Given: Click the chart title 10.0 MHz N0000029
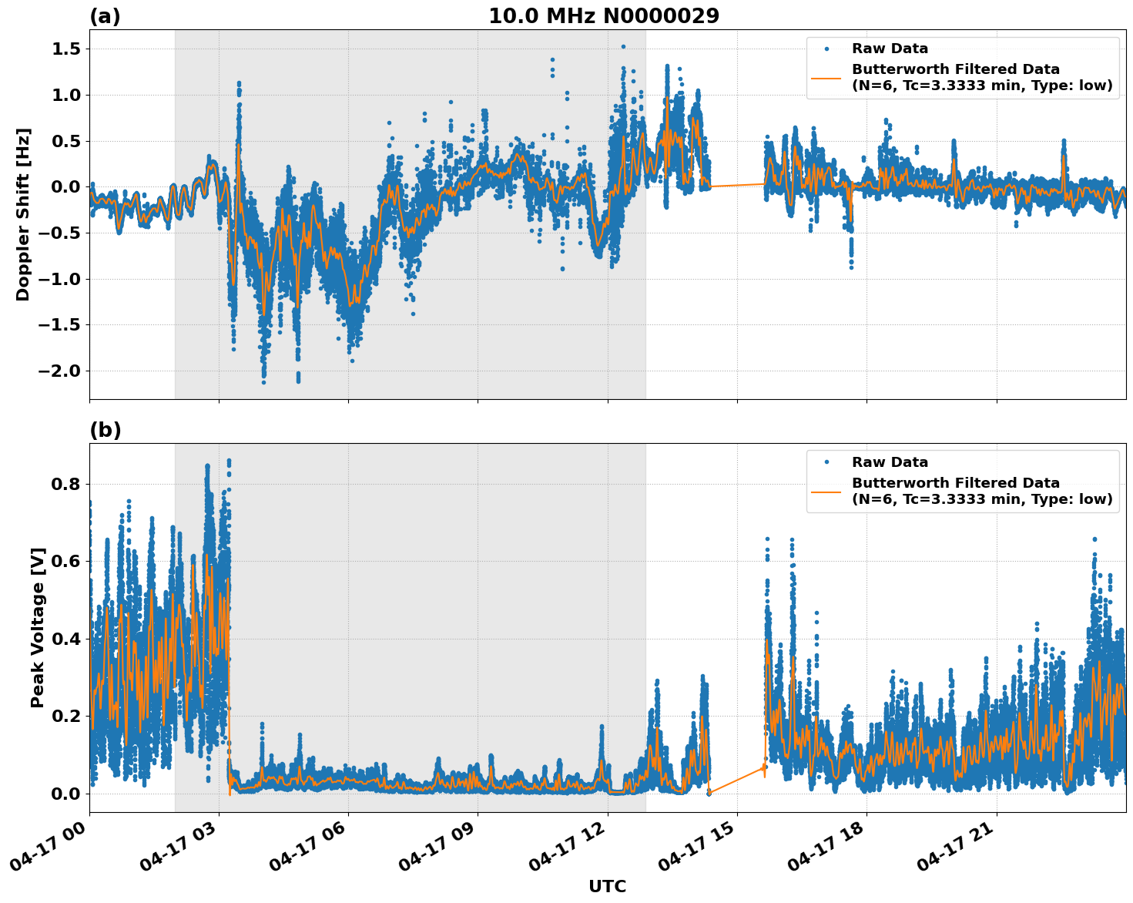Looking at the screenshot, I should [603, 16].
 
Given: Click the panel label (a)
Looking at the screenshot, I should [105, 16].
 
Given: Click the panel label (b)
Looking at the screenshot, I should [105, 430].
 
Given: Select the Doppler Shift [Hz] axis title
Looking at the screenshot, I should [23, 214].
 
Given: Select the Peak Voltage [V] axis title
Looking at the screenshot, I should [38, 627].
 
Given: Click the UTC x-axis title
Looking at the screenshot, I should [607, 886].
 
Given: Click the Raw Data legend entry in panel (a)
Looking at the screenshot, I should [890, 49].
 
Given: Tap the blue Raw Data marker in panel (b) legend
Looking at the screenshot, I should [826, 462].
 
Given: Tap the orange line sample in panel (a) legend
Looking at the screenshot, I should [826, 78].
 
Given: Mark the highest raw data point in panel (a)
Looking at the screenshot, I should [623, 46].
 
